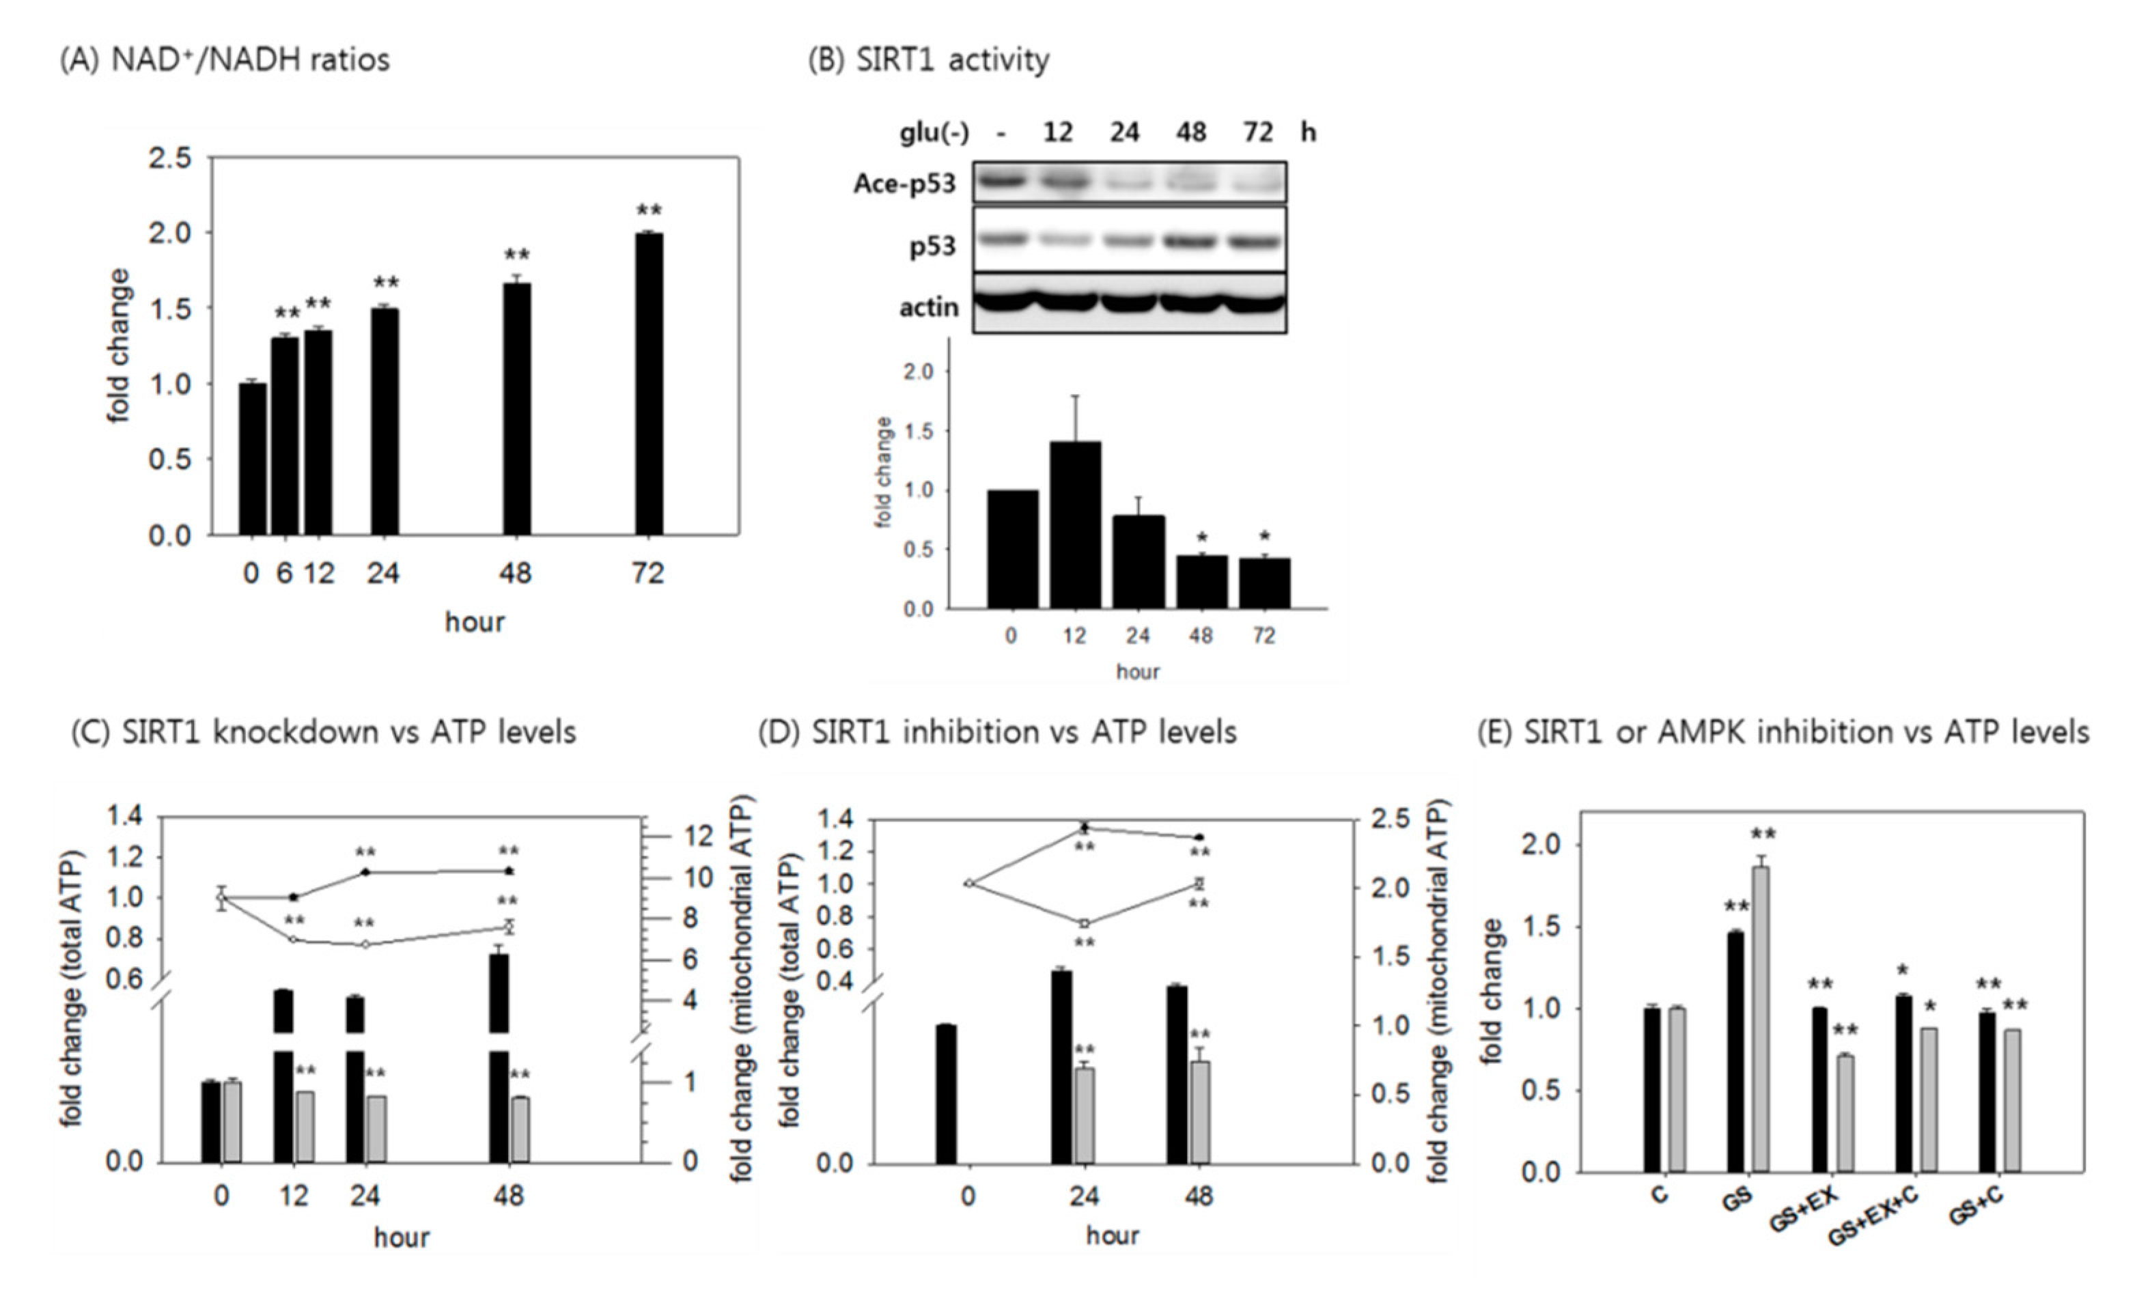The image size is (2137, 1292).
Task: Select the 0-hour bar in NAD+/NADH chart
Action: (253, 459)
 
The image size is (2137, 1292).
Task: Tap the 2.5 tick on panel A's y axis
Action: (170, 158)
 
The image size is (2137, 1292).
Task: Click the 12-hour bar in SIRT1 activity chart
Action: (1076, 524)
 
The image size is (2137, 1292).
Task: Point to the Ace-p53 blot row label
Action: (904, 184)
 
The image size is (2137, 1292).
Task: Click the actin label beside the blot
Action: (929, 307)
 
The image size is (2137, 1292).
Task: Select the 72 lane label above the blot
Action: (1259, 132)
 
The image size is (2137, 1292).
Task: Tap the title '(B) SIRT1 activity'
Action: (929, 60)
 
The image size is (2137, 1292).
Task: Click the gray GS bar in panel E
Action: (1761, 1019)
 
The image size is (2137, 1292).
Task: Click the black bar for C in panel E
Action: (1652, 1090)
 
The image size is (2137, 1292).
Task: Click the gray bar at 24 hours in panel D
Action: (1084, 1115)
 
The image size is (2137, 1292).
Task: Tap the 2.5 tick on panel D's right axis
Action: (1391, 819)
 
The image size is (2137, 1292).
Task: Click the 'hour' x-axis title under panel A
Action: (475, 621)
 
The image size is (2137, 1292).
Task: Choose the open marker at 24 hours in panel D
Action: (1084, 923)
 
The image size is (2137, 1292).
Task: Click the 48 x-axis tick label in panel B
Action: (1201, 636)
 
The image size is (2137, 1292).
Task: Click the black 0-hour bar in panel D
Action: (945, 1093)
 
